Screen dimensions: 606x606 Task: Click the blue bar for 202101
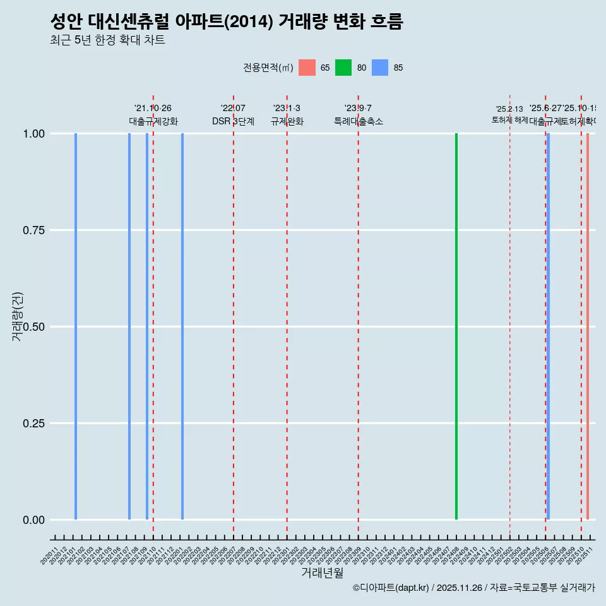click(76, 326)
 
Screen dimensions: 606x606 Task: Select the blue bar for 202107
click(129, 326)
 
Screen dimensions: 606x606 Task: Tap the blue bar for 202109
click(147, 326)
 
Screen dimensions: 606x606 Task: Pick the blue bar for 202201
click(182, 326)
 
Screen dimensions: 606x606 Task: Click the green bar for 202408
click(456, 326)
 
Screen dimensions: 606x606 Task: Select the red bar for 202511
click(588, 326)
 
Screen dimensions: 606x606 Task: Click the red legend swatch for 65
click(307, 68)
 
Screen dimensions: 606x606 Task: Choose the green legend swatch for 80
click(343, 68)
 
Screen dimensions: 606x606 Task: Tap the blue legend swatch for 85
click(380, 68)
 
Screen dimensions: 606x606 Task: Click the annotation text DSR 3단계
click(233, 121)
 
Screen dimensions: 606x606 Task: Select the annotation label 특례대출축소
click(359, 121)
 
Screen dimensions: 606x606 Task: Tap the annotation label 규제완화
click(287, 121)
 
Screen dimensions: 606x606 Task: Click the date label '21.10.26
click(153, 109)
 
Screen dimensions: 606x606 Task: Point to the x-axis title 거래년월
click(323, 573)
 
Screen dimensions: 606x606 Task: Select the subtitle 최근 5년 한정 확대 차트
click(107, 40)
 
